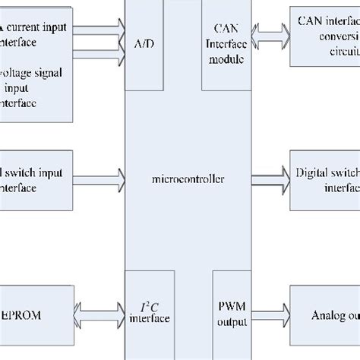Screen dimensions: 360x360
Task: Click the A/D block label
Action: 144,45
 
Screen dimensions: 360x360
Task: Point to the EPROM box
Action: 36,311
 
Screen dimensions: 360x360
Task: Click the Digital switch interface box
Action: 324,179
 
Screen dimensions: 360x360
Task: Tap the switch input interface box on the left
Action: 36,179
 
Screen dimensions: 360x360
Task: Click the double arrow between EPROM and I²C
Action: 99,312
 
